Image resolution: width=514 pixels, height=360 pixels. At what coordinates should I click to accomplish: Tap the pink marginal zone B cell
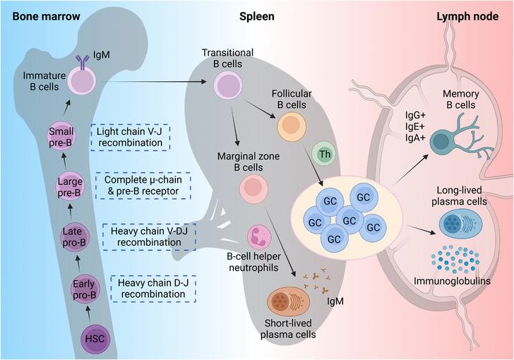pyautogui.click(x=253, y=188)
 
